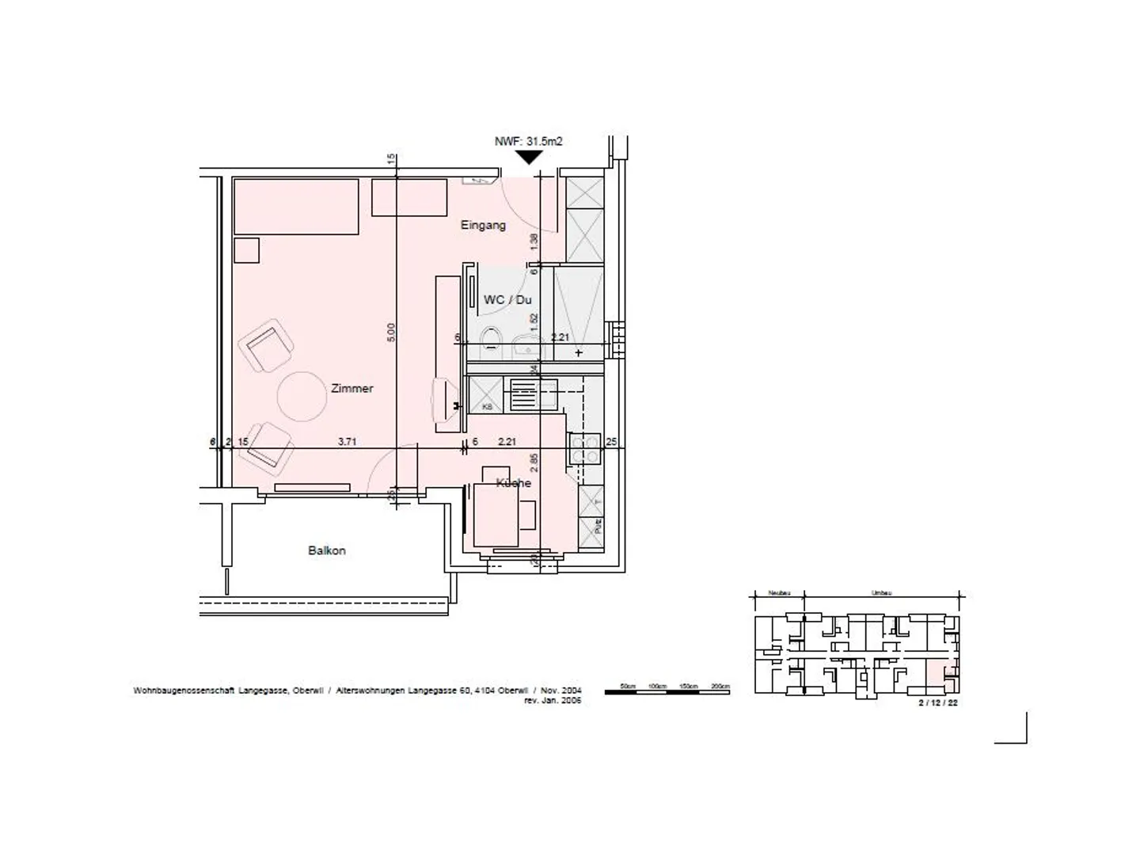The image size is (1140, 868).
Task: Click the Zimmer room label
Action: [x=351, y=389]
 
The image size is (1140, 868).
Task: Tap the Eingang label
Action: [x=483, y=226]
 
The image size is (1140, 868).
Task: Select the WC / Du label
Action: [x=507, y=300]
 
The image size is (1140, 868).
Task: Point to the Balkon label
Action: [x=326, y=550]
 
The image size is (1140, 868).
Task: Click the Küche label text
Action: [x=513, y=483]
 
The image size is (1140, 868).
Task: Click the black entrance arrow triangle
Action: [x=528, y=158]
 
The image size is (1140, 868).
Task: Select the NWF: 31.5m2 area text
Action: [x=528, y=141]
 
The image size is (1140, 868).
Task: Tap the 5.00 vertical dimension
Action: [x=390, y=333]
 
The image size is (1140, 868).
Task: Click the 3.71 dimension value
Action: [x=347, y=442]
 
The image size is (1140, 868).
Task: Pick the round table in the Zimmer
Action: [x=302, y=396]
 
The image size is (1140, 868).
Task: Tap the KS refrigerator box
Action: [x=486, y=394]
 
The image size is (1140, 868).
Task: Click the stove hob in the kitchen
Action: [x=585, y=449]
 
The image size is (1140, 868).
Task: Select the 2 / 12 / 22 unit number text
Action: [x=937, y=702]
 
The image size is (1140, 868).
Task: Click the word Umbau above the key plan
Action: [x=881, y=592]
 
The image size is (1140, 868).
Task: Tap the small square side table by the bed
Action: [x=247, y=250]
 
